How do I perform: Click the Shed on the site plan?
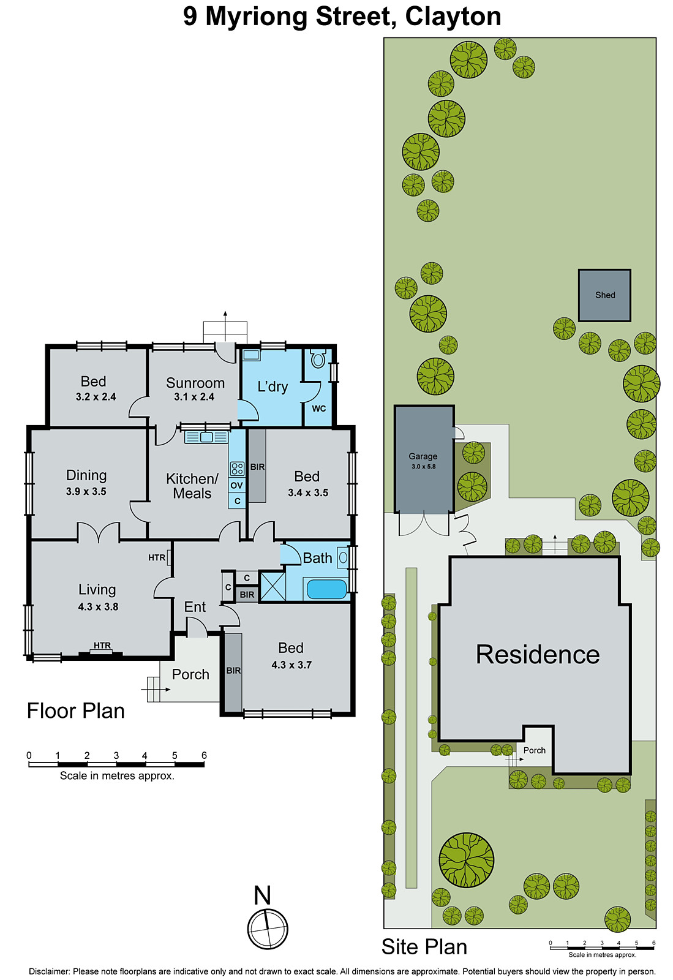(604, 295)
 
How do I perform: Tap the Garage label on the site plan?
(423, 456)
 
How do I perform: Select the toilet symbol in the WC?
(317, 359)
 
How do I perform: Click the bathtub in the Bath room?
(326, 589)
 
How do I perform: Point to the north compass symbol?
(268, 929)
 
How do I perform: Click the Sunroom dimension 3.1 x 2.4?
(194, 397)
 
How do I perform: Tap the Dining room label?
(86, 475)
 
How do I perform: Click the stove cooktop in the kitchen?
(237, 469)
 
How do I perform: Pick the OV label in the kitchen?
(237, 486)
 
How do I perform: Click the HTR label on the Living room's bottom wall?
(102, 646)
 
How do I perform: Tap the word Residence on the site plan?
(538, 655)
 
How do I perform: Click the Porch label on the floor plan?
(190, 674)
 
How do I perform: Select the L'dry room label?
(273, 386)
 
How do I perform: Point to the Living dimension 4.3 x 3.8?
(98, 607)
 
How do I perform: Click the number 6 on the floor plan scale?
(204, 755)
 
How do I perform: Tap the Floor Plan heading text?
(76, 710)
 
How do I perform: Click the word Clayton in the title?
(453, 17)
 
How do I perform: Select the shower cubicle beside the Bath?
(273, 586)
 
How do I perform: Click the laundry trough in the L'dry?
(251, 355)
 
